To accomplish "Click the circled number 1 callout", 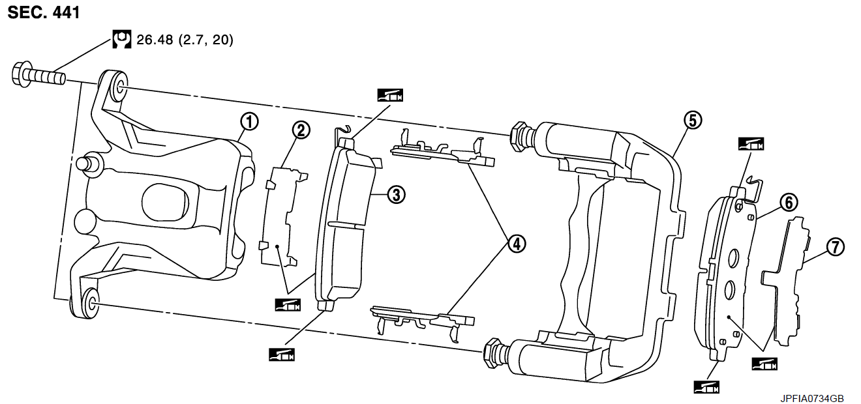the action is tap(249, 122).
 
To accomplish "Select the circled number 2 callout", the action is tap(301, 130).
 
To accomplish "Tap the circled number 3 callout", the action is tap(396, 195).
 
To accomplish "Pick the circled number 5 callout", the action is tap(693, 120).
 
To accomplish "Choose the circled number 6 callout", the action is tap(789, 203).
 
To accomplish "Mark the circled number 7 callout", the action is tap(836, 247).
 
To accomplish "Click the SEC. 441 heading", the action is tap(44, 12).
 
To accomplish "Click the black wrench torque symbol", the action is tap(122, 39).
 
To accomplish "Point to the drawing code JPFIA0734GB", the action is tap(812, 398).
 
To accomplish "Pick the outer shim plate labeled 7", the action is tap(786, 282).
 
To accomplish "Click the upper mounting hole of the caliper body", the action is tap(119, 87).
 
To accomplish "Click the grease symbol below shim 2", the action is tap(288, 305).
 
